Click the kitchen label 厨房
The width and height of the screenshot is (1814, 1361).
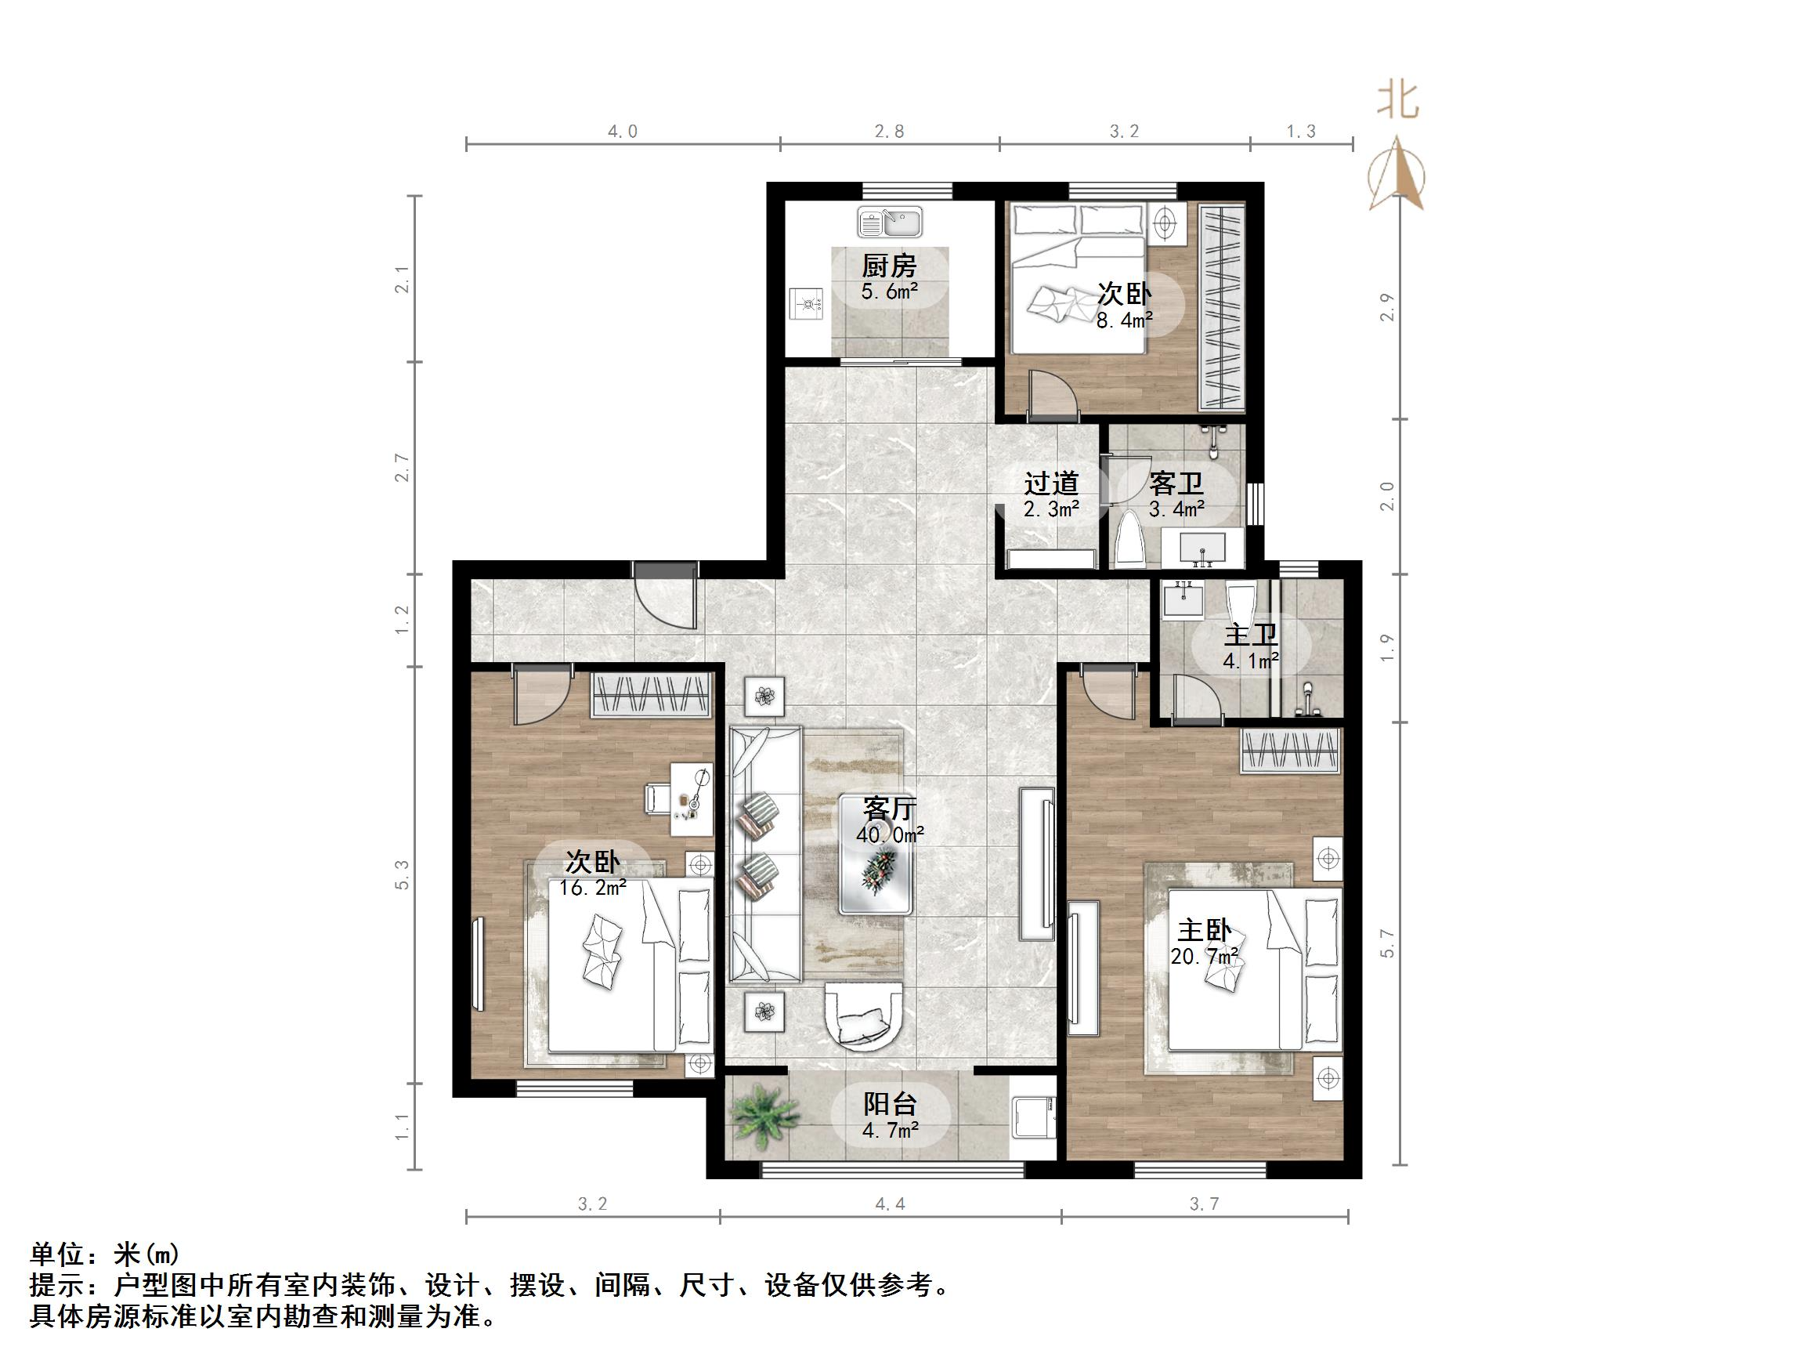pos(889,266)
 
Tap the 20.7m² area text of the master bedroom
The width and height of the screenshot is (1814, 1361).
pos(1204,957)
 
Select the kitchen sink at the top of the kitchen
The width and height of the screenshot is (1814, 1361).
pos(890,222)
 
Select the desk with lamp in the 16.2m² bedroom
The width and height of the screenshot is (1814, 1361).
pos(692,799)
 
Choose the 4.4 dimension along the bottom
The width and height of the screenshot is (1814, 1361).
pos(890,1204)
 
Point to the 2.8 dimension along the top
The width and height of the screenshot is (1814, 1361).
pos(889,132)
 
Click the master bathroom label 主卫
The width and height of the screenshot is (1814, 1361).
pos(1251,635)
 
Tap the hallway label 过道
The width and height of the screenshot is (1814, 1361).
pos(1050,483)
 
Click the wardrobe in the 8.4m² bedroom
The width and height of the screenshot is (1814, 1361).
pos(1222,308)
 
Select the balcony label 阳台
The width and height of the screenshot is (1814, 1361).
pos(890,1104)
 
